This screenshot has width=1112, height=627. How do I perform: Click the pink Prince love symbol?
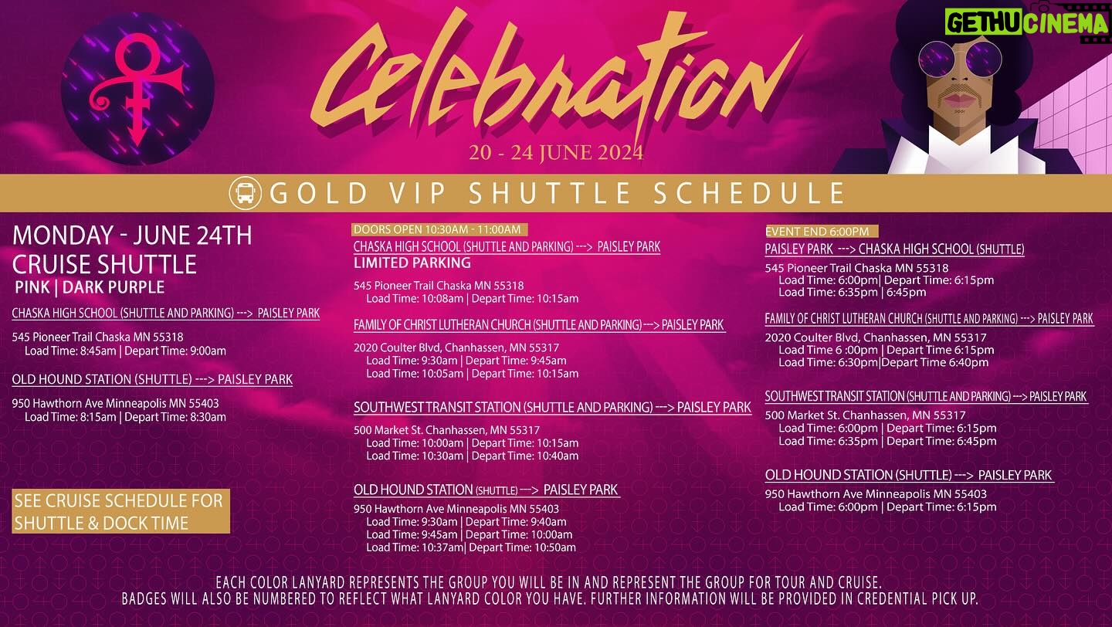(135, 90)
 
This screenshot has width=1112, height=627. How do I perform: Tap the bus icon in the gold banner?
(246, 193)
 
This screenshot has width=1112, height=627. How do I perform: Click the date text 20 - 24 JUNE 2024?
(556, 152)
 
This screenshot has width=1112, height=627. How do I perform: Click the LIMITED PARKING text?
(412, 263)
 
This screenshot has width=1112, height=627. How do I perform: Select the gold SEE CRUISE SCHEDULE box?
(120, 511)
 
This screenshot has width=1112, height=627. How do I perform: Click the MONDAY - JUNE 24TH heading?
(132, 236)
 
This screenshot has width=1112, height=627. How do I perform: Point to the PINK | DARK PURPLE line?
(90, 287)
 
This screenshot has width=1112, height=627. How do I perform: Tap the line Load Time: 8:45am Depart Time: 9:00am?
(125, 351)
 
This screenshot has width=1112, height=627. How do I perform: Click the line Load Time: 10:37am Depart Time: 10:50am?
(471, 547)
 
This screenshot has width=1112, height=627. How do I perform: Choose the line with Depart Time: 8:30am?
(125, 417)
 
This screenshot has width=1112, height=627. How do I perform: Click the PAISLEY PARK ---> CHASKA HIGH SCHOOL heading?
(894, 249)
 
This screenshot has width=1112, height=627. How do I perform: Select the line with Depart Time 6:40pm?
(883, 362)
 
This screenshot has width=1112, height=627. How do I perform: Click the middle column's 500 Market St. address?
(446, 430)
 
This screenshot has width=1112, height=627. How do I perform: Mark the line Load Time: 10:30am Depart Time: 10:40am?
(472, 456)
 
